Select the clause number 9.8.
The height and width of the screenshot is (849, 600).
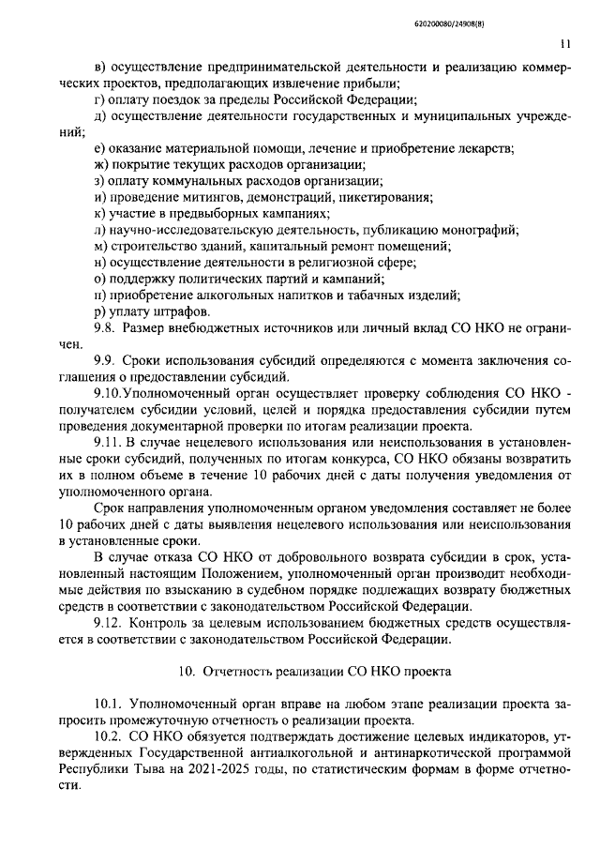pyautogui.click(x=107, y=328)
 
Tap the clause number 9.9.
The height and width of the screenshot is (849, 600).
pyautogui.click(x=107, y=360)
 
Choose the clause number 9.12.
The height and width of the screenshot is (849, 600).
pyautogui.click(x=110, y=624)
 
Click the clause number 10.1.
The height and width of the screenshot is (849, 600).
pyautogui.click(x=110, y=704)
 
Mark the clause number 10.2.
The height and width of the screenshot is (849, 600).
pyautogui.click(x=110, y=739)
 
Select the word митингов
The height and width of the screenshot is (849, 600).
pyautogui.click(x=206, y=197)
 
